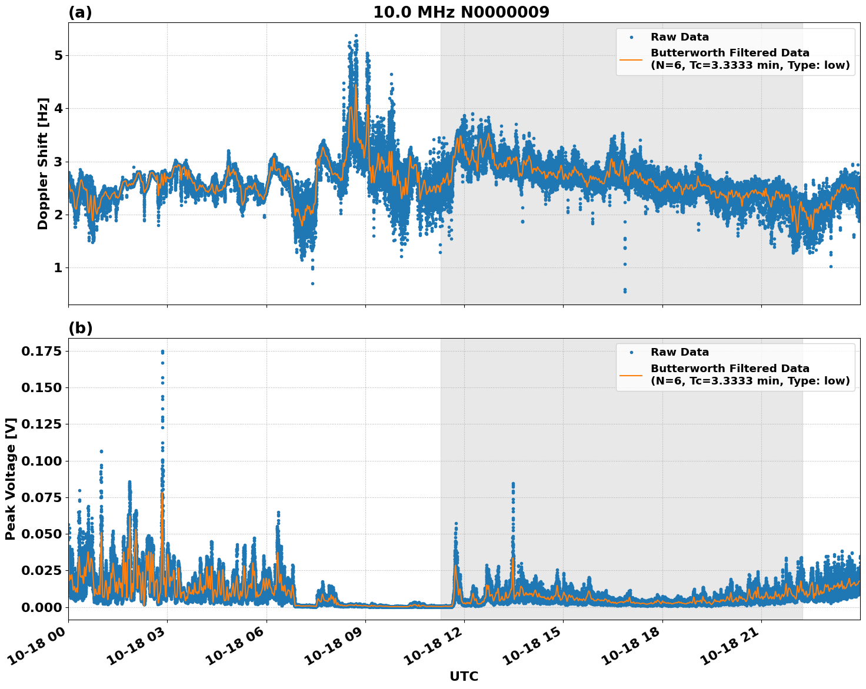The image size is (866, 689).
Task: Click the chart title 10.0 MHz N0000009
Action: [461, 12]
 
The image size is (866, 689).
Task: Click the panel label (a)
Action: [80, 12]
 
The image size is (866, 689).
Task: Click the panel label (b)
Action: [80, 328]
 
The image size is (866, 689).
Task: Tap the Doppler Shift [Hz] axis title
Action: [42, 163]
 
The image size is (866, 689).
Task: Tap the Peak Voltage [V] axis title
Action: [10, 479]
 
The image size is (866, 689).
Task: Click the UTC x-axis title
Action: [464, 676]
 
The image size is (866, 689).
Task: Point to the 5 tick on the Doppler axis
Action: [58, 56]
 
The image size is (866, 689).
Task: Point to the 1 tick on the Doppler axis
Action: [58, 268]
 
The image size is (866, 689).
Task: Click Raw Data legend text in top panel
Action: [680, 37]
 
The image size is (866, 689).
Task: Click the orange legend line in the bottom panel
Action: [631, 374]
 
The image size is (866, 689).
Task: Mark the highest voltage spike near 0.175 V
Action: [162, 352]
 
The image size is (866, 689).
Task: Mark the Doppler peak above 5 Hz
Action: [356, 36]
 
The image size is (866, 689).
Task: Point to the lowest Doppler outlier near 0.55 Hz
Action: [625, 291]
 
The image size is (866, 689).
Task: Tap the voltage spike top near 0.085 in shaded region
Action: [513, 484]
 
